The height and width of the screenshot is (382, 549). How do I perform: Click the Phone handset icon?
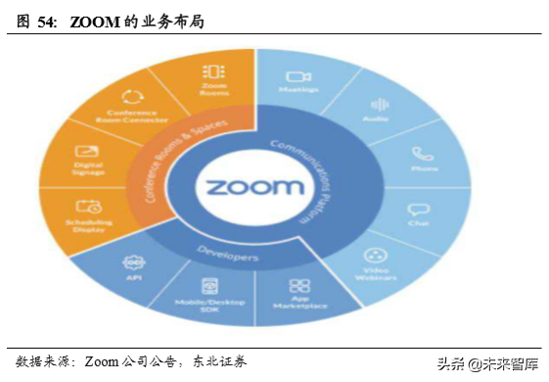421,154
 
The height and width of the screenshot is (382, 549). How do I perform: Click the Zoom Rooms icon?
213,72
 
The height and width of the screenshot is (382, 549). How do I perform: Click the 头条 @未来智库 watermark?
490,363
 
